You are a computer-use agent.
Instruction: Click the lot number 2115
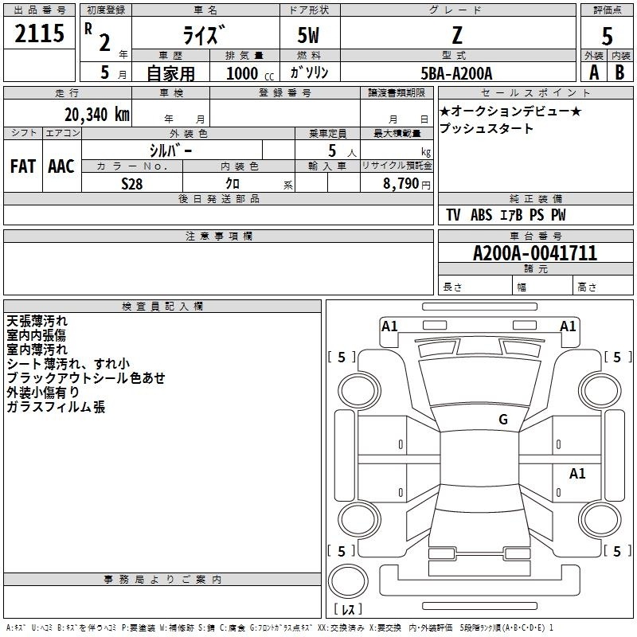[x=39, y=33]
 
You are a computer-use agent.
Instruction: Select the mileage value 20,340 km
[x=96, y=115]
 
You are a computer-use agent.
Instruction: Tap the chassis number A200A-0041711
[x=535, y=253]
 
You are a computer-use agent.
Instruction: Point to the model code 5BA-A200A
[x=456, y=73]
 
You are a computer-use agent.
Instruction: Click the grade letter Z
[x=457, y=35]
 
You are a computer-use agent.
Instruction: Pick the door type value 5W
[x=308, y=35]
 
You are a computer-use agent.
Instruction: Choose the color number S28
[x=132, y=184]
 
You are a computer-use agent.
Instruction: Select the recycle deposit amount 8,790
[x=401, y=183]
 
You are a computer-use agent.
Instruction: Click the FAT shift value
[x=23, y=166]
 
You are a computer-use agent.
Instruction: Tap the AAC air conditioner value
[x=61, y=166]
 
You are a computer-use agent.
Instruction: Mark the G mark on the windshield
[x=503, y=419]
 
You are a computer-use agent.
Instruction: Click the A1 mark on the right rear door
[x=577, y=473]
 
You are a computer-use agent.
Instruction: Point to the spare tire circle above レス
[x=348, y=581]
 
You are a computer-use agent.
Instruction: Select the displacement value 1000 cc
[x=250, y=73]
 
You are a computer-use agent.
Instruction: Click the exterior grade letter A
[x=594, y=72]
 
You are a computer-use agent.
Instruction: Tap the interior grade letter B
[x=619, y=72]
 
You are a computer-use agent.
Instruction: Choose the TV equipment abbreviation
[x=453, y=215]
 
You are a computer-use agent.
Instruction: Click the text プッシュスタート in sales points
[x=487, y=128]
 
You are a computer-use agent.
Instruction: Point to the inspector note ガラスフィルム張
[x=56, y=406]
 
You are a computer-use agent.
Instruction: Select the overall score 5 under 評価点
[x=607, y=37]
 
